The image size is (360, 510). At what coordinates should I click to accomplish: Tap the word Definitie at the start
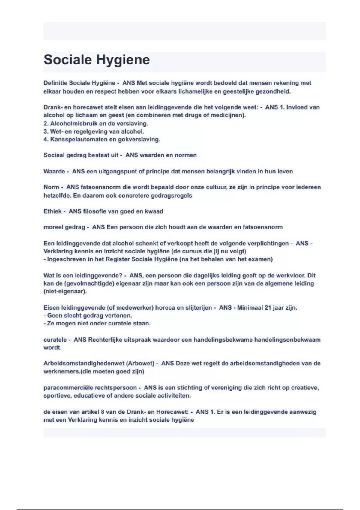pyautogui.click(x=55, y=83)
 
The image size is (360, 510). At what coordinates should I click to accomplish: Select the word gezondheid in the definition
pyautogui.click(x=273, y=91)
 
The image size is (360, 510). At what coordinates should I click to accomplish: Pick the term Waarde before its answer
pyautogui.click(x=54, y=171)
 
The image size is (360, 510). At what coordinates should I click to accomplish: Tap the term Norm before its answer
pyautogui.click(x=51, y=187)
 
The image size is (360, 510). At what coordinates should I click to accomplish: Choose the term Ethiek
pyautogui.click(x=52, y=211)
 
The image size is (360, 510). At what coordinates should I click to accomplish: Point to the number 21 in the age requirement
pyautogui.click(x=268, y=307)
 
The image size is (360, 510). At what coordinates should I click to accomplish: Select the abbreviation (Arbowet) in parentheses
pyautogui.click(x=140, y=363)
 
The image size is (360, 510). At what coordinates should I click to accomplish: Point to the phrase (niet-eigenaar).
pyautogui.click(x=65, y=291)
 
